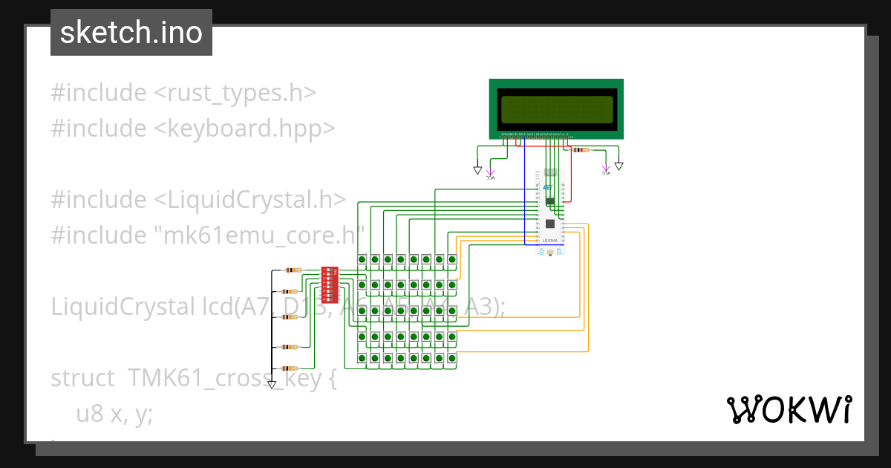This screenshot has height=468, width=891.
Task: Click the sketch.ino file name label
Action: [x=131, y=33]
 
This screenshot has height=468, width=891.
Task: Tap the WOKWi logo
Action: [x=788, y=409]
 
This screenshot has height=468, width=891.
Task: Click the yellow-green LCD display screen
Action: [x=556, y=109]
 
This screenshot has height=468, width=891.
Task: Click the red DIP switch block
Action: [x=330, y=285]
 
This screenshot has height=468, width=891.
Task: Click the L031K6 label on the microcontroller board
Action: [x=550, y=241]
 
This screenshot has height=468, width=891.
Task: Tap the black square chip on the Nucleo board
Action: [x=550, y=224]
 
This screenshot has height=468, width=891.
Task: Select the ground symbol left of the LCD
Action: [x=477, y=170]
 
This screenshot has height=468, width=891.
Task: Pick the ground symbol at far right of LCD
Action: [x=619, y=166]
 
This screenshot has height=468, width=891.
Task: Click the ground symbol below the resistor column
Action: [x=272, y=385]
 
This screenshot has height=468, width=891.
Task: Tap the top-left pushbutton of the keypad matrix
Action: [x=362, y=259]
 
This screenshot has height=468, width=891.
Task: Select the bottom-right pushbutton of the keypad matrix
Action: [x=451, y=359]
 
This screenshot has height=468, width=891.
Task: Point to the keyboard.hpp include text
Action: [x=245, y=129]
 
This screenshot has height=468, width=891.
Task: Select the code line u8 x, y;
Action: [x=114, y=414]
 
